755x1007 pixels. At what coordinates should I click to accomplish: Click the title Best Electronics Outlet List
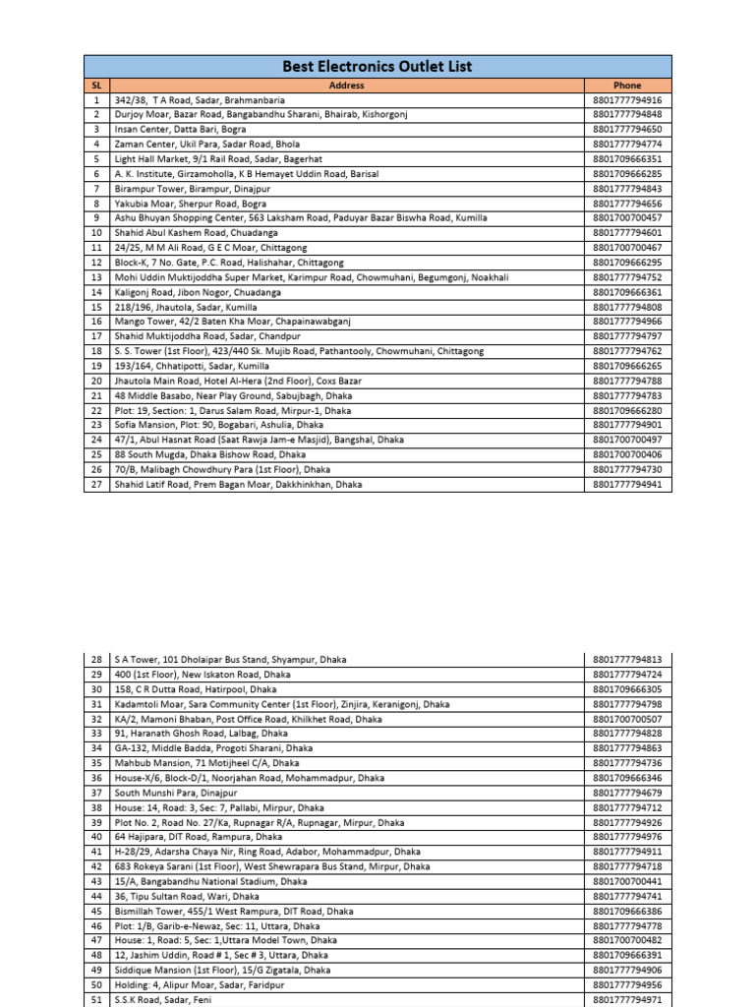(x=377, y=67)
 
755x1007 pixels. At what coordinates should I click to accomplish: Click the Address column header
(x=347, y=86)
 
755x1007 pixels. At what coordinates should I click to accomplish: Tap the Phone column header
(x=627, y=86)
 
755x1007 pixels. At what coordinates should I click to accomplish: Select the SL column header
(x=96, y=86)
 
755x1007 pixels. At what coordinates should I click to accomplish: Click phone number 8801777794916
(x=627, y=100)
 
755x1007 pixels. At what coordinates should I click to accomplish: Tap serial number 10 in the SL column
(x=96, y=233)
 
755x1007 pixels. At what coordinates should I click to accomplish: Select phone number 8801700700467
(x=627, y=248)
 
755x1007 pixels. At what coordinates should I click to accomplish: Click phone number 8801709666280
(x=627, y=410)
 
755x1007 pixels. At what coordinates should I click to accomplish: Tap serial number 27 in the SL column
(x=96, y=484)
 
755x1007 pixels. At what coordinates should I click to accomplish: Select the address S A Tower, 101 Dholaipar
(x=230, y=660)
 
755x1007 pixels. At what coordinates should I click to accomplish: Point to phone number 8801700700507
(x=627, y=719)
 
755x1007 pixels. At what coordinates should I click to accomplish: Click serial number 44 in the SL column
(x=96, y=896)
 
